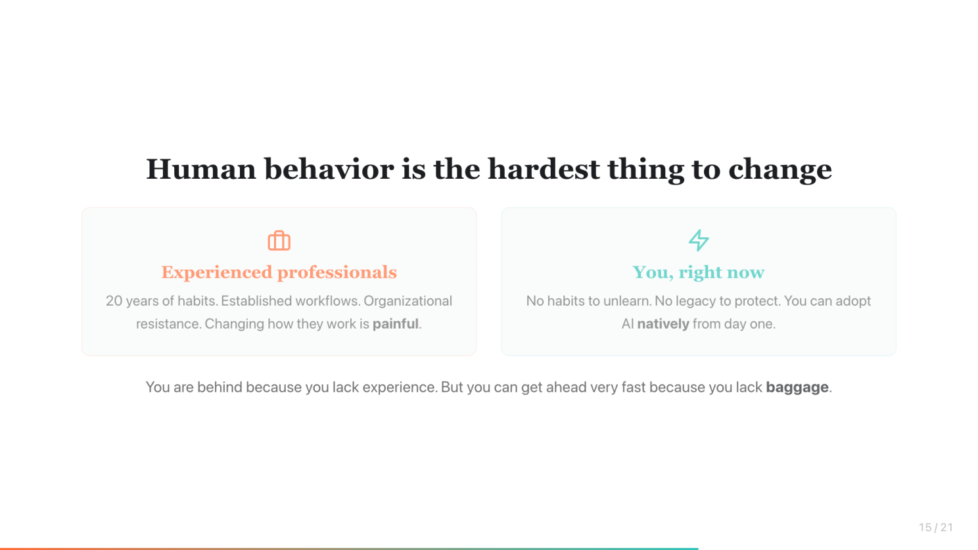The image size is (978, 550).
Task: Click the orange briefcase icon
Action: tap(279, 241)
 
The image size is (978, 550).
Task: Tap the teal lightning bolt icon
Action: tap(699, 240)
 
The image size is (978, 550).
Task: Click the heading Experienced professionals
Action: tap(279, 273)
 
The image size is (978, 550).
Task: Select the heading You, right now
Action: tap(699, 273)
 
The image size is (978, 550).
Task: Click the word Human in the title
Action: tap(201, 170)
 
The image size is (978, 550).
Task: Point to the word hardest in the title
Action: tap(544, 170)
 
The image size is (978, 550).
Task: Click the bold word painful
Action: tap(395, 324)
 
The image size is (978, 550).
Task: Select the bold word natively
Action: tap(663, 324)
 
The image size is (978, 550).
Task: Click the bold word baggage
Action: tap(797, 388)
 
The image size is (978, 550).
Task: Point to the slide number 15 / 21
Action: tap(936, 527)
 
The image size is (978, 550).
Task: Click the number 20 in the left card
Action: tap(114, 301)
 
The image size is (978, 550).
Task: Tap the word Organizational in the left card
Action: tap(407, 301)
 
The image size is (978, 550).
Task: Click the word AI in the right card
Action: tap(628, 324)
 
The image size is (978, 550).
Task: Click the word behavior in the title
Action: tap(329, 170)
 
